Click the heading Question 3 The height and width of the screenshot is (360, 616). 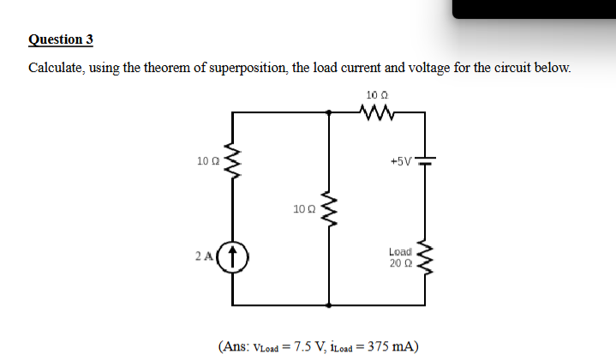point(61,39)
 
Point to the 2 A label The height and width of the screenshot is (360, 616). point(202,255)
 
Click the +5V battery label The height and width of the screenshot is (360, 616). point(400,159)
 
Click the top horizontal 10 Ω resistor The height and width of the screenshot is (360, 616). point(377,111)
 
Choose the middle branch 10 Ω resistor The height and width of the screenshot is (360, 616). point(330,208)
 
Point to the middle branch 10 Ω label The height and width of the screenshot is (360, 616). point(303,208)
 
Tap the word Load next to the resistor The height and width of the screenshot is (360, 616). point(400,251)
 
